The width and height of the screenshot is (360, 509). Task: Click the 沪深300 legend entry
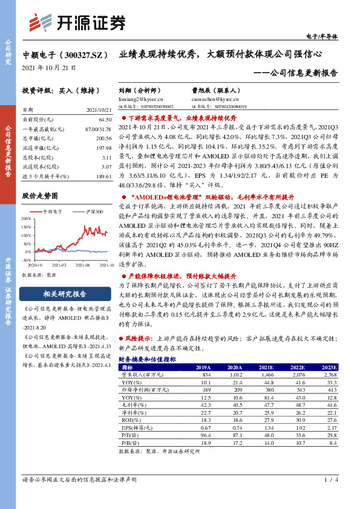(93, 212)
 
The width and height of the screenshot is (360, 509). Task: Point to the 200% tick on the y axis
(27, 221)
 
